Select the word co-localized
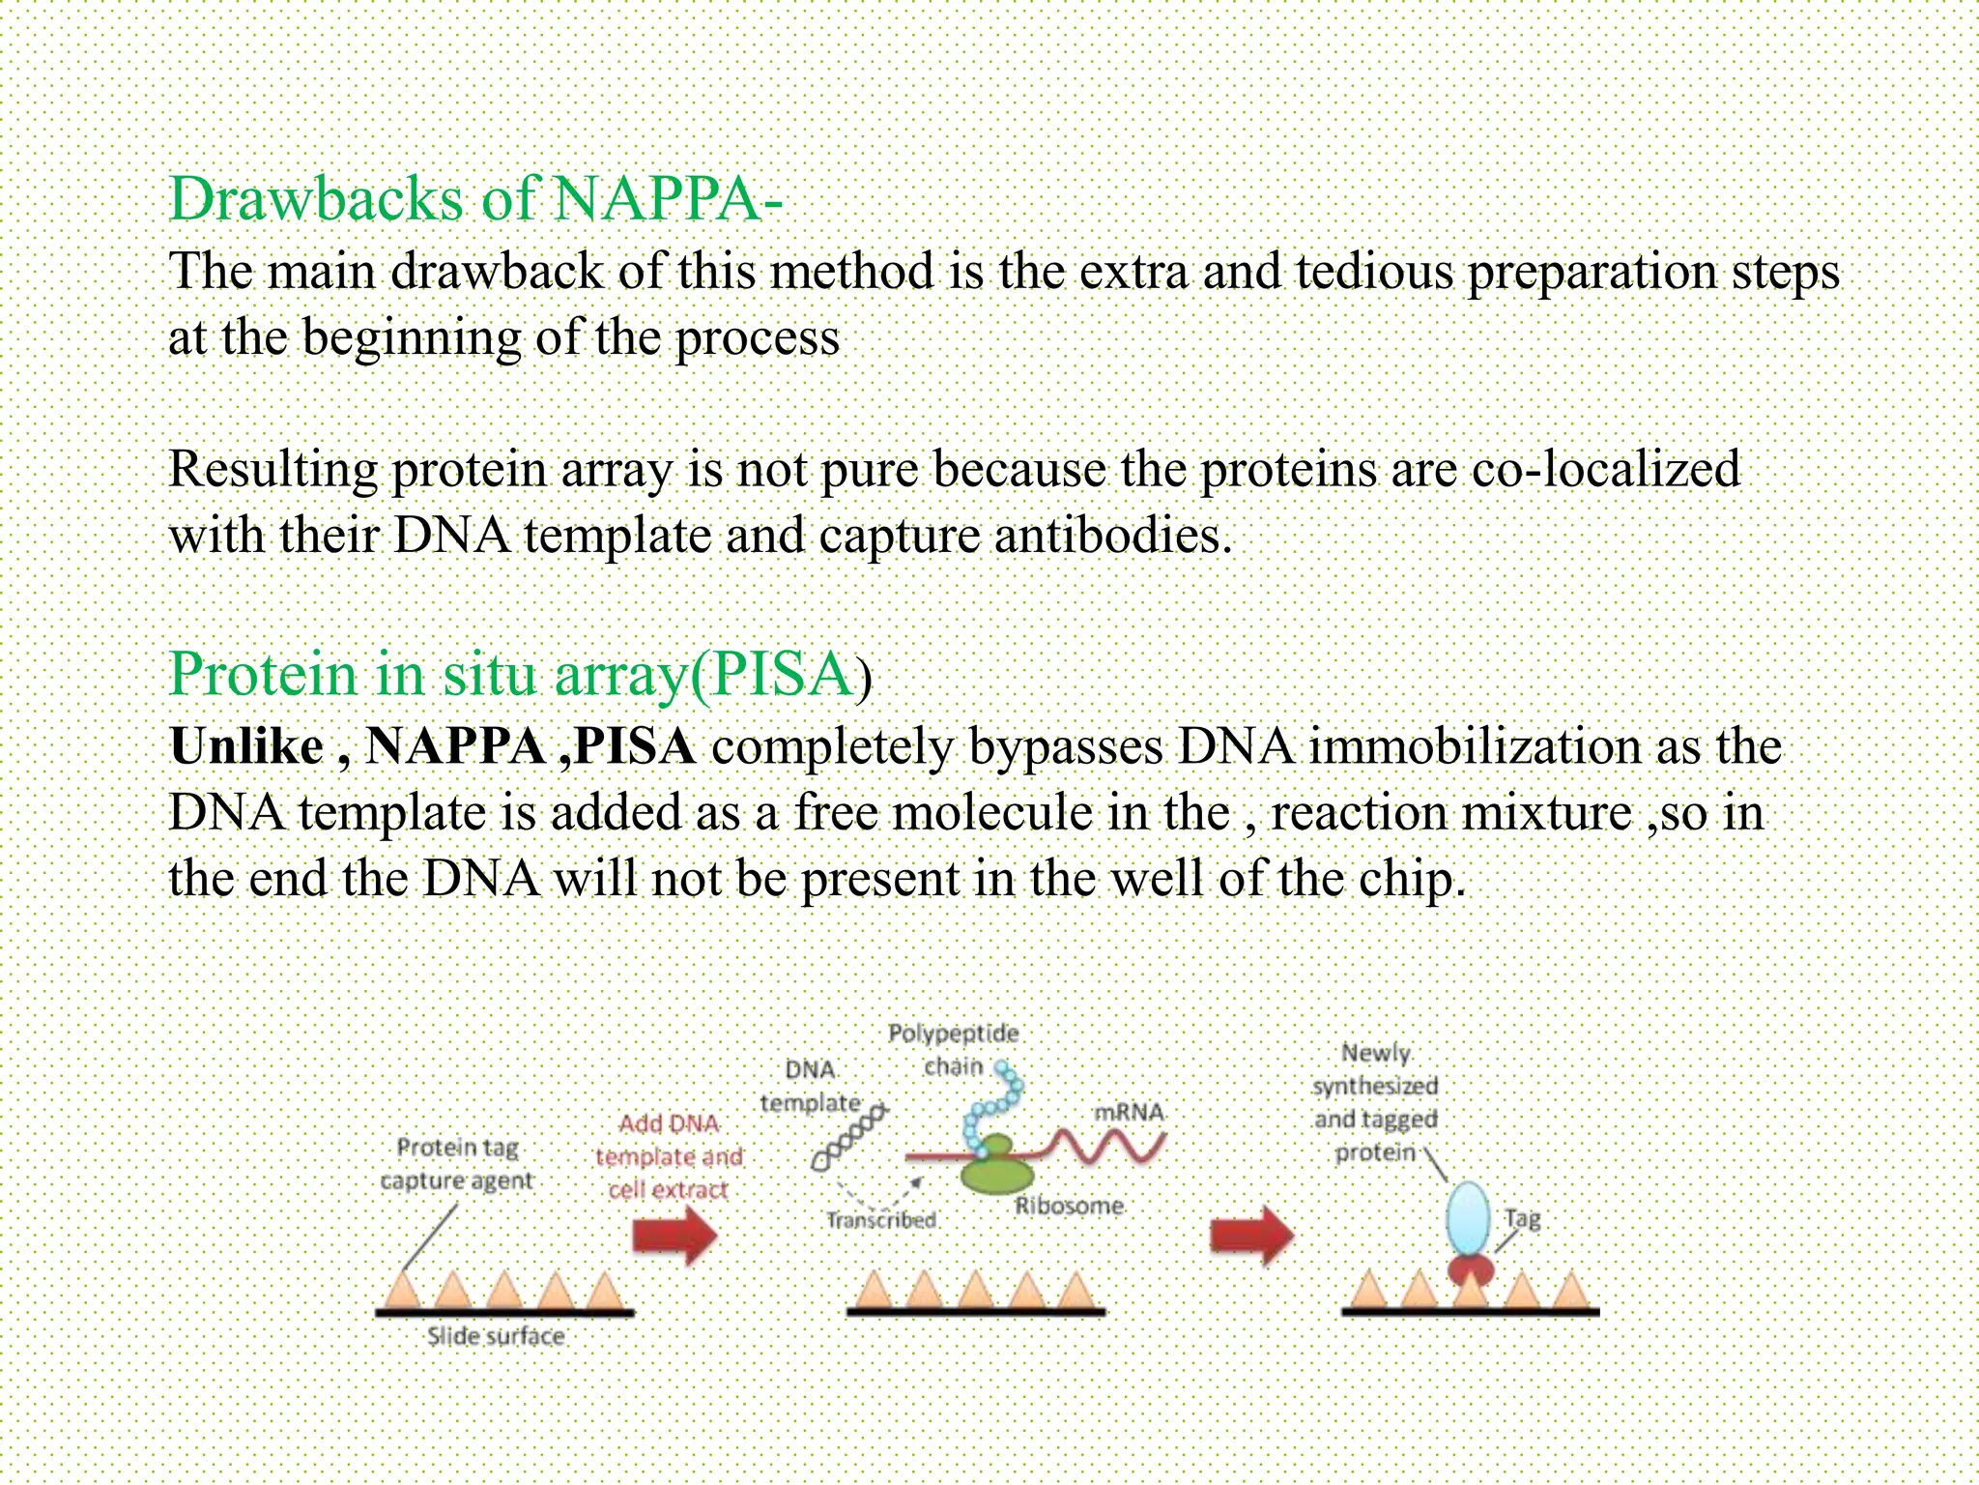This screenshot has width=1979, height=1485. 1605,470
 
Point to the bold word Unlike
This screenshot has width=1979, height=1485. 246,746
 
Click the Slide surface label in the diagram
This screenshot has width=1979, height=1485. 496,1336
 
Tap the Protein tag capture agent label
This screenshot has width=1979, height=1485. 456,1164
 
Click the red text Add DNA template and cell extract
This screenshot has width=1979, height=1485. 669,1156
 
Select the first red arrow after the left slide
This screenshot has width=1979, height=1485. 675,1236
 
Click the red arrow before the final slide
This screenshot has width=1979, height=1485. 1252,1236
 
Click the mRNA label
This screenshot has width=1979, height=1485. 1129,1112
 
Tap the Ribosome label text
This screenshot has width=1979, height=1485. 1069,1206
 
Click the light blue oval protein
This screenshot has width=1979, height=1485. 1469,1219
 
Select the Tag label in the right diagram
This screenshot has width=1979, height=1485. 1522,1218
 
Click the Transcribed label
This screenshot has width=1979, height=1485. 880,1220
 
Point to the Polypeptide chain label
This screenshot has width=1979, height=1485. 953,1050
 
